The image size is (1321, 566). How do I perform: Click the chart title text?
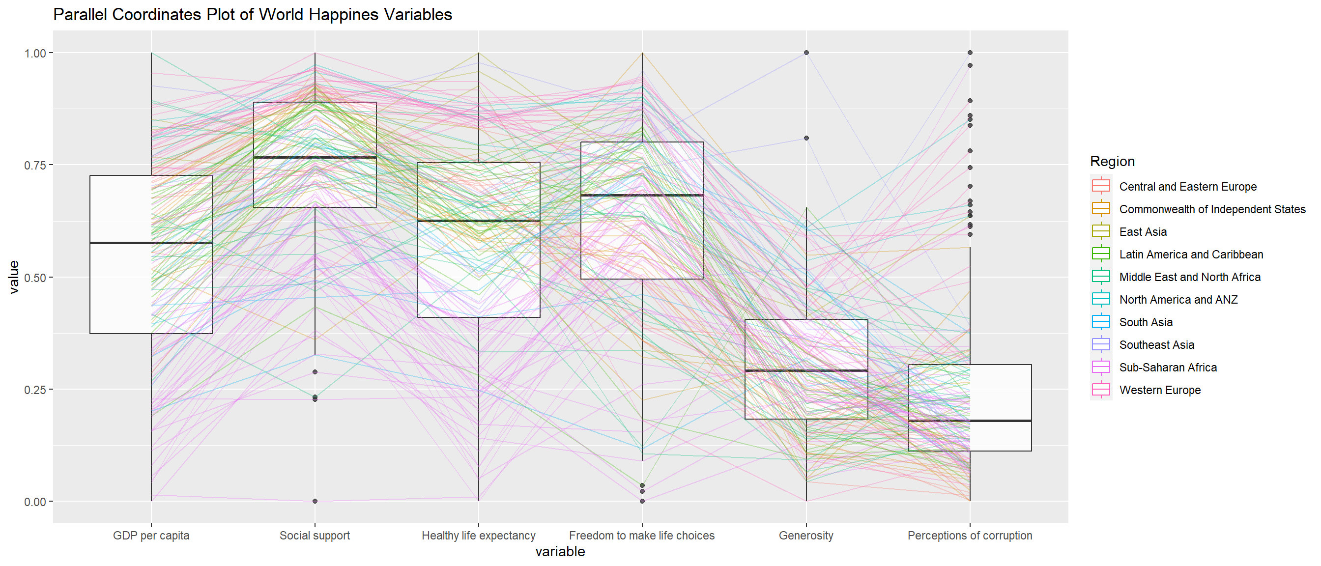click(x=252, y=14)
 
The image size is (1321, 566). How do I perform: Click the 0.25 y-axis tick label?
click(x=35, y=390)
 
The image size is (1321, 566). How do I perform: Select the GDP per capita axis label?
click(x=151, y=535)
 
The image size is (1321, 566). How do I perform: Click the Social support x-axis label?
click(x=315, y=535)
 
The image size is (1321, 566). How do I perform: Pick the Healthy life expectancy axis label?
click(x=479, y=535)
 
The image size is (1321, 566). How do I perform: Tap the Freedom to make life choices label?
click(x=641, y=535)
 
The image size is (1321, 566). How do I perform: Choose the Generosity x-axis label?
click(x=805, y=535)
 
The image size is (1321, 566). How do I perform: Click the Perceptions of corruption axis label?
click(x=969, y=535)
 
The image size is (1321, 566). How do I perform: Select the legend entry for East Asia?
click(x=1143, y=232)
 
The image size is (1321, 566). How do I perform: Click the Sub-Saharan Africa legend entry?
click(x=1168, y=368)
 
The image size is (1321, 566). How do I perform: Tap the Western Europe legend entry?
click(x=1159, y=390)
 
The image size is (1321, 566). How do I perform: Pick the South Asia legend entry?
click(x=1146, y=322)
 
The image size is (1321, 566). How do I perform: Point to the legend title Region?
click(x=1112, y=162)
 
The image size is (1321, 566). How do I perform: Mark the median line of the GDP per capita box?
click(x=151, y=243)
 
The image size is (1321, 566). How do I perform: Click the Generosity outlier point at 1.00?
click(x=806, y=53)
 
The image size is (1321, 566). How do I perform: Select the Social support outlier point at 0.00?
click(x=315, y=501)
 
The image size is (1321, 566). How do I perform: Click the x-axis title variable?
click(x=560, y=552)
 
